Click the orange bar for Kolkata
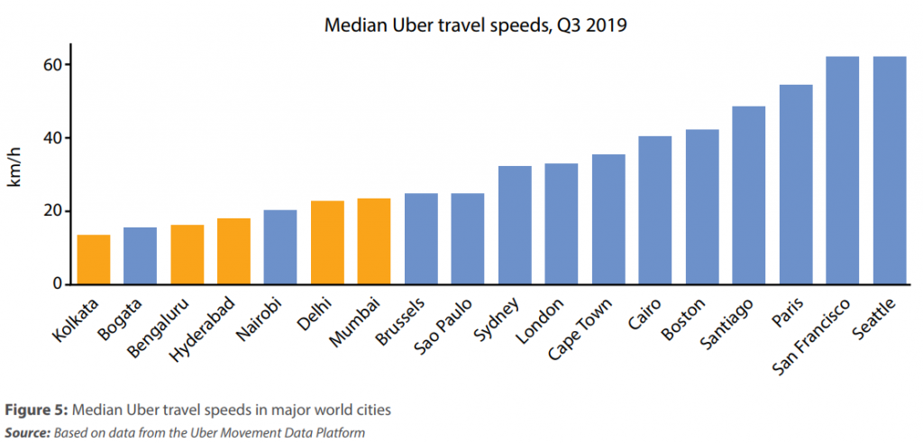point(94,260)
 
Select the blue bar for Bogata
point(140,256)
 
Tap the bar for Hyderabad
point(233,252)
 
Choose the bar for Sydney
point(515,226)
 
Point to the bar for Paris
point(795,185)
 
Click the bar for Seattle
point(890,171)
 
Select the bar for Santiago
point(748,196)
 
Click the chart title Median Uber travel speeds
point(475,25)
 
